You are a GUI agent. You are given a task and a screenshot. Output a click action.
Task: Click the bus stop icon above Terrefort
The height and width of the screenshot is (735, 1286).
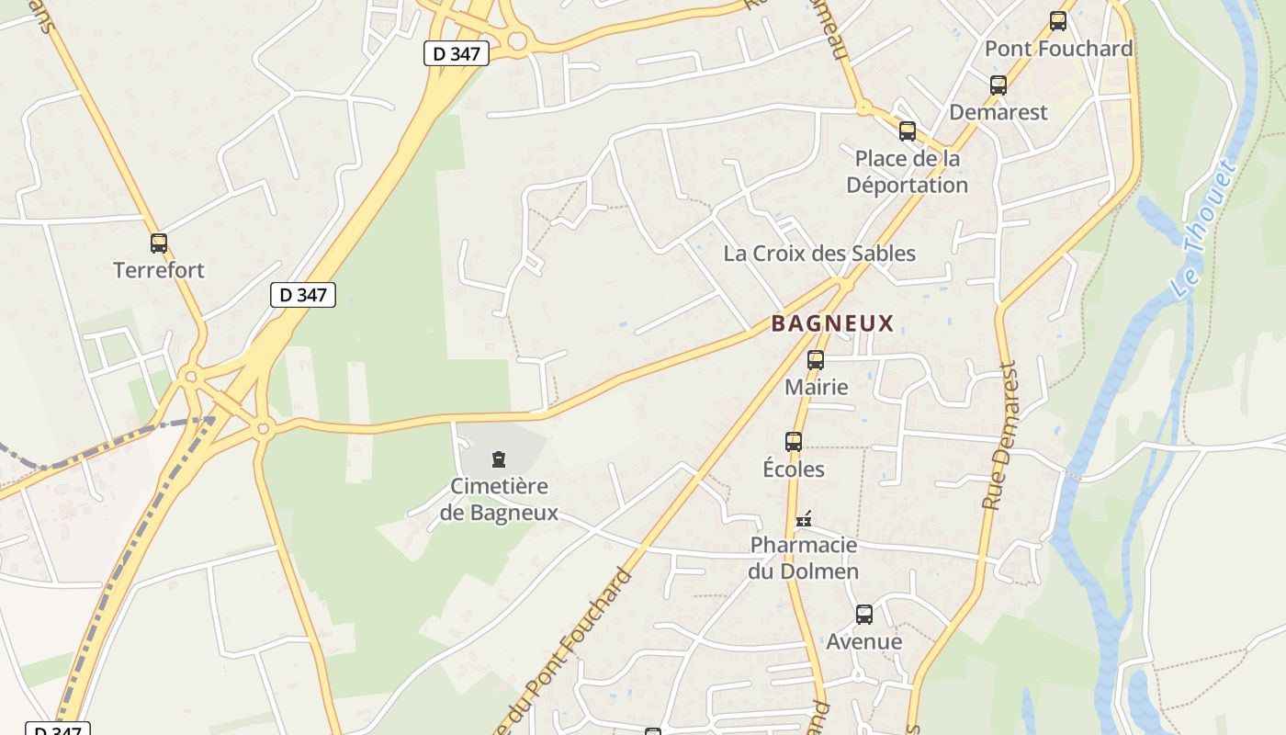[159, 243]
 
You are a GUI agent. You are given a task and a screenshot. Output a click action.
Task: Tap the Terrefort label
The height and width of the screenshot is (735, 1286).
[159, 270]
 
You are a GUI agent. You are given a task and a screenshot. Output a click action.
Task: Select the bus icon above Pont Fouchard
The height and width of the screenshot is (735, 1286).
[1058, 21]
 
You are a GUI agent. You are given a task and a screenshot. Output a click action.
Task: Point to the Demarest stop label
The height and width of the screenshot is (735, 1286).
[998, 112]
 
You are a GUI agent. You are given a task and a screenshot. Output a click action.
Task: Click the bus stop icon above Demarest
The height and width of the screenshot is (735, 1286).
[998, 85]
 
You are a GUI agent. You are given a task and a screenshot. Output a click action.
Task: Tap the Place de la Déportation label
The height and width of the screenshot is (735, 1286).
[907, 172]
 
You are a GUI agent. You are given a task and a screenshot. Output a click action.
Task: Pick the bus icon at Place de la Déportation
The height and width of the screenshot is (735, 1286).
[908, 131]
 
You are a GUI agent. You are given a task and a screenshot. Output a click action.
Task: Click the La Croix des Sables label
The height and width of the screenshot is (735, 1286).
[819, 254]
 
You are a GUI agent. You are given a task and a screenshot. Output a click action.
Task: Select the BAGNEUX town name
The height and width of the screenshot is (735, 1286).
[832, 323]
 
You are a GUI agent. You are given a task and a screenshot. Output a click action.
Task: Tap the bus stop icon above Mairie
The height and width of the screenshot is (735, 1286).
[816, 360]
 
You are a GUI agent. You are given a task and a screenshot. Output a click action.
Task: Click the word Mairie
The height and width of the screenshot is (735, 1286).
[816, 387]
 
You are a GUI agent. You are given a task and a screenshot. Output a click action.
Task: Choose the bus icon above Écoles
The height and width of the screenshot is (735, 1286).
[794, 442]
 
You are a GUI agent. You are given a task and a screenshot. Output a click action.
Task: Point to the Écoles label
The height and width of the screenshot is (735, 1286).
[794, 469]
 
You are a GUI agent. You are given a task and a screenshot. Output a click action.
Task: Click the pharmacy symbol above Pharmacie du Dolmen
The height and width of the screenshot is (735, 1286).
[804, 519]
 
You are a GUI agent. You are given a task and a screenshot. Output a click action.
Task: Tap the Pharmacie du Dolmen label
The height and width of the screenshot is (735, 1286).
[804, 558]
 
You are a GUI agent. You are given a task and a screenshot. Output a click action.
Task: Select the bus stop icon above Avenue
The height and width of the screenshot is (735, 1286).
[864, 615]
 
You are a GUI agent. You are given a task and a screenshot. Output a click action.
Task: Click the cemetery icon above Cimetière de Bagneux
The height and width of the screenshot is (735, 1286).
[499, 458]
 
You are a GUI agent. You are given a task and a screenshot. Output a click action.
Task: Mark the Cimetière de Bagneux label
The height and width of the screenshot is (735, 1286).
[499, 499]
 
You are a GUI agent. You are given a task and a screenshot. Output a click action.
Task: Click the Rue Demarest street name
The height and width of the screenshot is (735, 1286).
[1001, 436]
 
